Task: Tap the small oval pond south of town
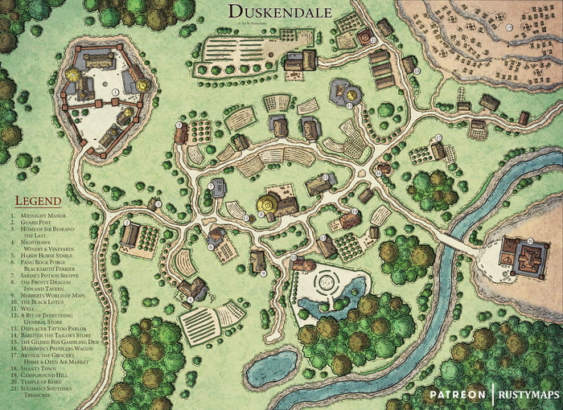click(272, 369)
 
